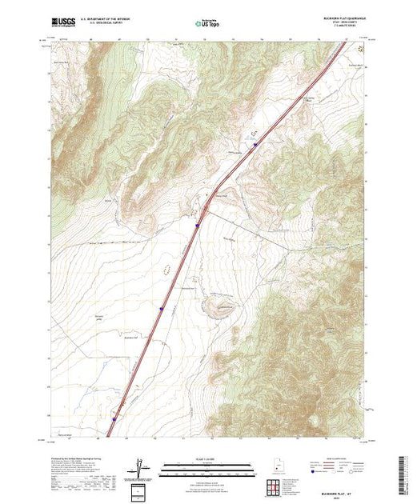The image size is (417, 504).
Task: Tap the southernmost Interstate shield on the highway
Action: point(114,418)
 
